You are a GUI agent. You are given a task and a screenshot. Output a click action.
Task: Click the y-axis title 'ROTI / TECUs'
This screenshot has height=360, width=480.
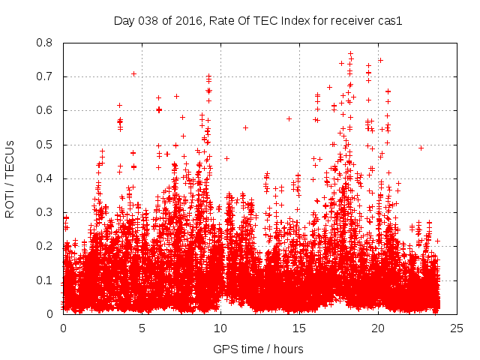tap(10, 178)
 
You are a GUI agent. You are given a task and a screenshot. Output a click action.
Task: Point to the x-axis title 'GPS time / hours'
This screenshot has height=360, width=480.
tap(258, 349)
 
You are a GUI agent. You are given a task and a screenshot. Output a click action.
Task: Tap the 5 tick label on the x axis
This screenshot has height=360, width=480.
tap(142, 328)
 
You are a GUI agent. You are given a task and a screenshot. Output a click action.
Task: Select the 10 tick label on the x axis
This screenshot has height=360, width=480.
tap(220, 328)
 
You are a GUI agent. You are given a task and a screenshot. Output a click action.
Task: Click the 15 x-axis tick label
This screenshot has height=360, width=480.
tap(299, 328)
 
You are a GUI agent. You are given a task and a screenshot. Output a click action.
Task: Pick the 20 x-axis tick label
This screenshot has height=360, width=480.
tap(378, 328)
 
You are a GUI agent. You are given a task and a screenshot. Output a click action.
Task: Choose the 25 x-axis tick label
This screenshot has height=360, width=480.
tap(457, 328)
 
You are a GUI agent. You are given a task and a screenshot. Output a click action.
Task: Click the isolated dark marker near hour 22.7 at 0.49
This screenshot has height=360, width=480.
tap(421, 148)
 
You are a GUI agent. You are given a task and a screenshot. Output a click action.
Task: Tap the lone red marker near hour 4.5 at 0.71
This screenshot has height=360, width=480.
tap(133, 73)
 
